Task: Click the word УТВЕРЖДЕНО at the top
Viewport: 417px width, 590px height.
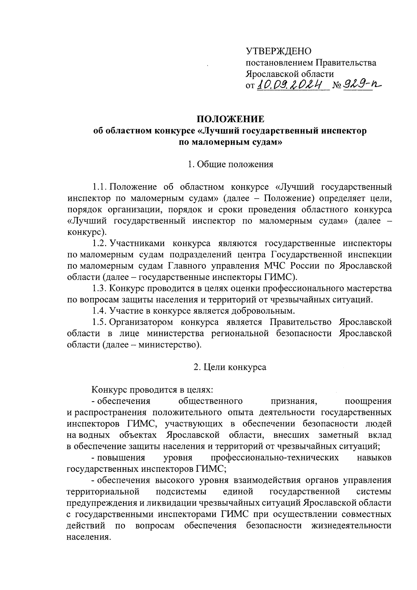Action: point(279,51)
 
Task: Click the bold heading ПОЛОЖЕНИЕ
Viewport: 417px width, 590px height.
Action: point(230,119)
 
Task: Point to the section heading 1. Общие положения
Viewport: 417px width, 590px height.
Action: point(230,164)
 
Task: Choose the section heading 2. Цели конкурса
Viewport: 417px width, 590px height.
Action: point(230,367)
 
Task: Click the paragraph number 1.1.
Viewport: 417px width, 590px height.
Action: point(99,187)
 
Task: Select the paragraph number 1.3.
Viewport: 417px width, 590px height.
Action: point(99,288)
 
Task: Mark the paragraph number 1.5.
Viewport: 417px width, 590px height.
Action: point(99,322)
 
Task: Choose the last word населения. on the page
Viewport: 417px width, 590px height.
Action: point(89,536)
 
